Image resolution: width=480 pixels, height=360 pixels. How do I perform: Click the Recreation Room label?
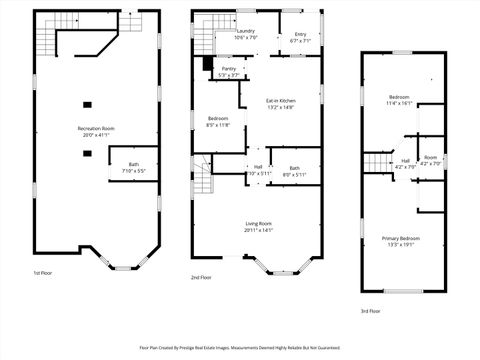pos(96,128)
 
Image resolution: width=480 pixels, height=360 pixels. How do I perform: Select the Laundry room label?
pos(245,31)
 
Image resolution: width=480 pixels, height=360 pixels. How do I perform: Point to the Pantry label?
pos(229,69)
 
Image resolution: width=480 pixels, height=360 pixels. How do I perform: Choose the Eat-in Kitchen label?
pos(281,101)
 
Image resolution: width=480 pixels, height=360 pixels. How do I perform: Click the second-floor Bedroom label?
pos(218,119)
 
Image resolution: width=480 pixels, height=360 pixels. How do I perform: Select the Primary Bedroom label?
pos(401,238)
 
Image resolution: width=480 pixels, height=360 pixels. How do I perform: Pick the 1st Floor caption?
pos(43,273)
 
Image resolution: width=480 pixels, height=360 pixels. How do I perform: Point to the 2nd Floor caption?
pos(201,277)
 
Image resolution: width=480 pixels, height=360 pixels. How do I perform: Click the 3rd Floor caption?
pos(371,311)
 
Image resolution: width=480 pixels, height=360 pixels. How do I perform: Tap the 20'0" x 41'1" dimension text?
pos(96,134)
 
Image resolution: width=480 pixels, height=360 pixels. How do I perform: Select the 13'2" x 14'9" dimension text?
pos(281,107)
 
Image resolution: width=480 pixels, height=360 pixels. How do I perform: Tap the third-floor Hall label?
pos(406,160)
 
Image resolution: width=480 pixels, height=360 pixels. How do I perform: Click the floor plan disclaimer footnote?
pos(240,347)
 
